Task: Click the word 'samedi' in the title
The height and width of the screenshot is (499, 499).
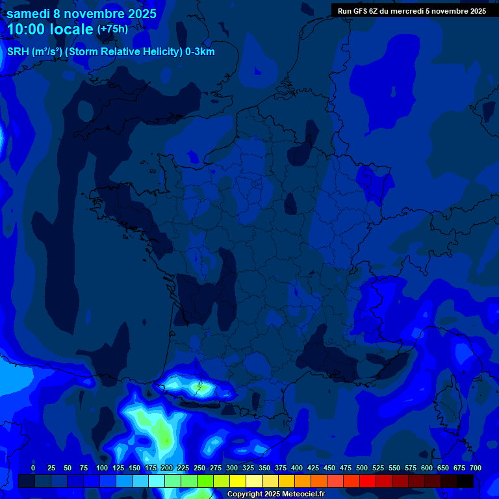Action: pos(28,14)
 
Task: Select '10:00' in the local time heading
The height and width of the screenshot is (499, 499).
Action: pos(27,30)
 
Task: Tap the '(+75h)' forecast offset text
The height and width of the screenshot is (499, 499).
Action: pos(112,29)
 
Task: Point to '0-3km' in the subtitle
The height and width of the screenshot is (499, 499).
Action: pos(200,52)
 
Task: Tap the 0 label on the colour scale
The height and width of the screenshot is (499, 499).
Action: pos(33,468)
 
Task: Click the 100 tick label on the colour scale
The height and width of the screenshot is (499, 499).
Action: pos(102,468)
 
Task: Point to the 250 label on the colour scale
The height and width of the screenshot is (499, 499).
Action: pos(199,468)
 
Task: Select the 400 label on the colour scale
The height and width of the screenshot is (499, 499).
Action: pos(297,468)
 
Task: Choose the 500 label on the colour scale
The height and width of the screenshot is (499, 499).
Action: pos(362,468)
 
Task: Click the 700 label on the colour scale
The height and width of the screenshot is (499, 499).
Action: pos(476,468)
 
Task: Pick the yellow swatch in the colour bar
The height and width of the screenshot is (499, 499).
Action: pos(238,481)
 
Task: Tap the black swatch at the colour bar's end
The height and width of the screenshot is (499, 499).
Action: pos(465,481)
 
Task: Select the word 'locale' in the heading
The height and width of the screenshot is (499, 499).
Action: pos(71,30)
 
